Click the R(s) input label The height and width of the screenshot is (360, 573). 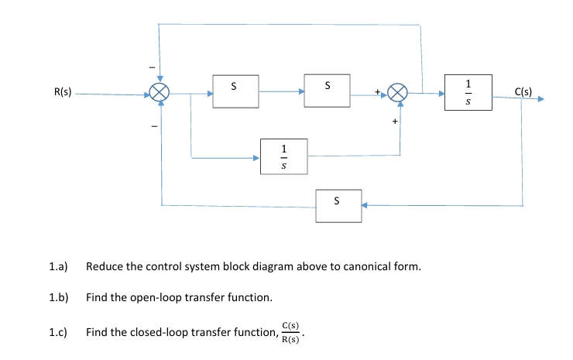coord(63,92)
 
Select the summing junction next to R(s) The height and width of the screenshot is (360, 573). coord(160,94)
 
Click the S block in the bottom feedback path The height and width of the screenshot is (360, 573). coord(337,204)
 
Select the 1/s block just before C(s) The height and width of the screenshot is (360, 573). coord(468,92)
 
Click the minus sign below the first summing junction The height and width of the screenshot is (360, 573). coord(153,125)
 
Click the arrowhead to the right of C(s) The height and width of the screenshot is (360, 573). coord(540,99)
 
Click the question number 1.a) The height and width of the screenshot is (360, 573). coord(59,267)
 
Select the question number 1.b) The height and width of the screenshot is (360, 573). coord(59,297)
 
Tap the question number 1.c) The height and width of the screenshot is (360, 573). coord(59,332)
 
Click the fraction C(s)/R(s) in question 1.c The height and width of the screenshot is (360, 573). coord(291,332)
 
